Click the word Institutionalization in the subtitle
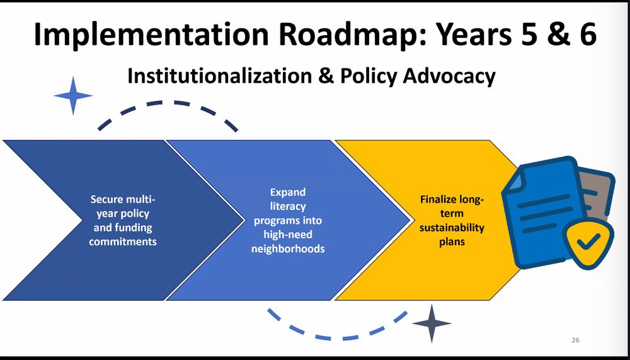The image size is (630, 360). point(219,76)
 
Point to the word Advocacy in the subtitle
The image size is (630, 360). point(449,76)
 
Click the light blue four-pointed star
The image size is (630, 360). point(73,96)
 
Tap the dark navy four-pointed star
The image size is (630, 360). point(432,323)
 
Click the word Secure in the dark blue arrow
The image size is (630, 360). point(107,199)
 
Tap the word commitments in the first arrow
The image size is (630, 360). point(123,242)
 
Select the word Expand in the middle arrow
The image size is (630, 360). point(288,192)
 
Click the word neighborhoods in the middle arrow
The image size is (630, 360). point(288,249)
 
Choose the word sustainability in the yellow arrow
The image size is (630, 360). point(452,228)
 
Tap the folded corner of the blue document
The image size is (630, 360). point(514,178)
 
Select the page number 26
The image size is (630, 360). point(575,340)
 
